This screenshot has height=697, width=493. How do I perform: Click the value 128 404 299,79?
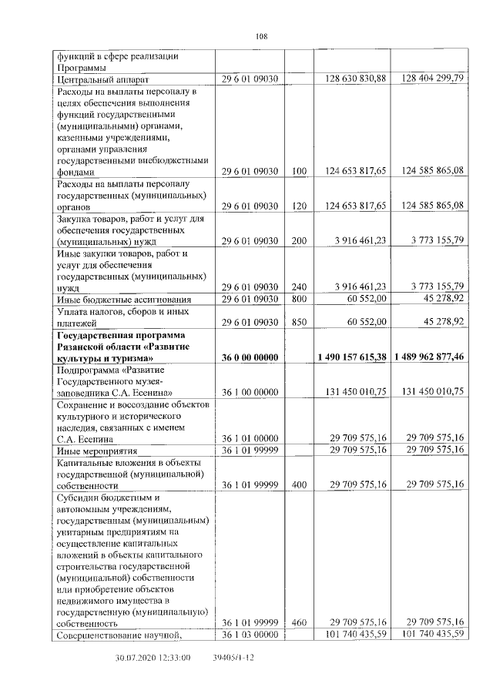tap(432, 79)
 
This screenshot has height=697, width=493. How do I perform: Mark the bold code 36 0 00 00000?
tap(250, 358)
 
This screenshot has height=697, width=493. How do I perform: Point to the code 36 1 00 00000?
tap(250, 392)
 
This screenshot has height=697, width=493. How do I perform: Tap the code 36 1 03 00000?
tap(250, 635)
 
